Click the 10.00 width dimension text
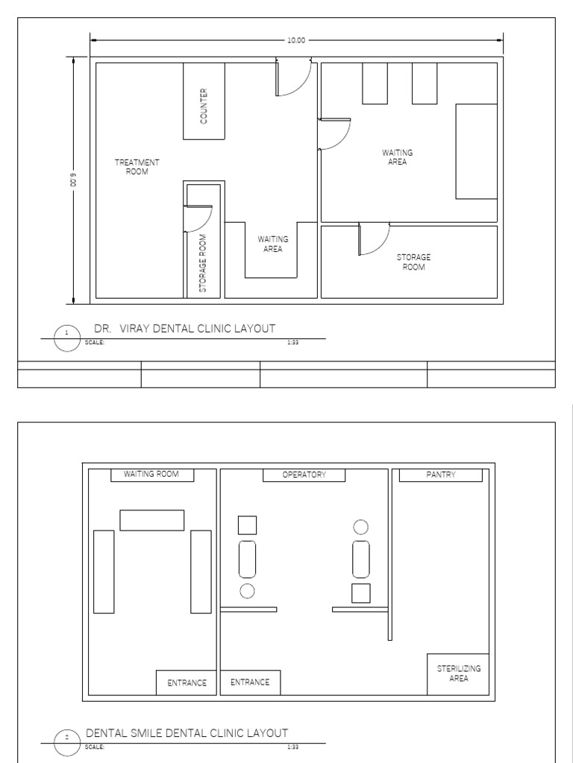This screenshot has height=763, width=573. pyautogui.click(x=296, y=40)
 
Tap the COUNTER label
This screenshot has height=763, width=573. pyautogui.click(x=204, y=106)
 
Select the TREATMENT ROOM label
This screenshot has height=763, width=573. pyautogui.click(x=137, y=167)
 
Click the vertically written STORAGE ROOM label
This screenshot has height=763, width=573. pyautogui.click(x=203, y=262)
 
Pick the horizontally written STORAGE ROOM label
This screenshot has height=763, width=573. pyautogui.click(x=413, y=262)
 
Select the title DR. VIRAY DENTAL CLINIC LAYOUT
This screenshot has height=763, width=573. pyautogui.click(x=184, y=329)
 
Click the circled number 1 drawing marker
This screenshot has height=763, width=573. pyautogui.click(x=67, y=333)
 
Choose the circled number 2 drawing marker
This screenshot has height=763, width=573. pyautogui.click(x=67, y=738)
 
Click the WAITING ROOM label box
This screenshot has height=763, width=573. pyautogui.click(x=152, y=475)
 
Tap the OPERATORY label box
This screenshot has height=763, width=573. pyautogui.click(x=304, y=475)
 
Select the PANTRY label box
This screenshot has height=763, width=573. pyautogui.click(x=441, y=475)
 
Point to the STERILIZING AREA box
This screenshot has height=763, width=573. pyautogui.click(x=459, y=674)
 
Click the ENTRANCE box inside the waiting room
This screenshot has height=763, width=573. pyautogui.click(x=187, y=683)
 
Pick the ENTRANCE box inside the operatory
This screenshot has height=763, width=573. pyautogui.click(x=250, y=683)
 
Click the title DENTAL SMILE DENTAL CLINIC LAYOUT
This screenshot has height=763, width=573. pyautogui.click(x=187, y=733)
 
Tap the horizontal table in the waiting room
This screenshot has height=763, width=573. pyautogui.click(x=152, y=520)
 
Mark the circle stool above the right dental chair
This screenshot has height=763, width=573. pyautogui.click(x=361, y=528)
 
